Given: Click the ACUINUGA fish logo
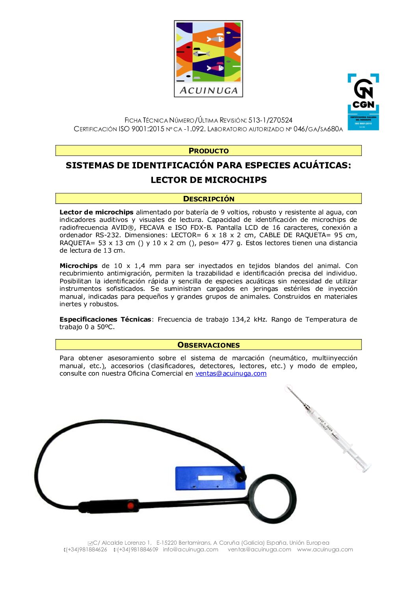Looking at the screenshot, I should (208, 58).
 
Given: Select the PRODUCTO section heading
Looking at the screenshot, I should (208, 151).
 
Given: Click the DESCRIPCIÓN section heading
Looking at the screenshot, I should (208, 199).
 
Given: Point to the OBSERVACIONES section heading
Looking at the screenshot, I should (208, 345).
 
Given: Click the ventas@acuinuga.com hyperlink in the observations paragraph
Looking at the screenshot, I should (231, 374).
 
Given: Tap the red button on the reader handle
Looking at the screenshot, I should (130, 505).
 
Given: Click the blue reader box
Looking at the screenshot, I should (209, 478).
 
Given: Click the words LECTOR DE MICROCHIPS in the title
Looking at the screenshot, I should (208, 180).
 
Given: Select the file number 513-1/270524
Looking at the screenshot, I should (270, 120).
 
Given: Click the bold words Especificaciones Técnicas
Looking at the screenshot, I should (105, 319).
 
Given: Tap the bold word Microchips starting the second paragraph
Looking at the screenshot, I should (78, 266).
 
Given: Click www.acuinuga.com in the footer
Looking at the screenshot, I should (325, 549).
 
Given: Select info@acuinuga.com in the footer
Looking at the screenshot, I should (190, 549).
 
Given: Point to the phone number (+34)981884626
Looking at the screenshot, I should (87, 549).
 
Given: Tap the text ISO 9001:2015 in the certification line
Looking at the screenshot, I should (141, 129).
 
